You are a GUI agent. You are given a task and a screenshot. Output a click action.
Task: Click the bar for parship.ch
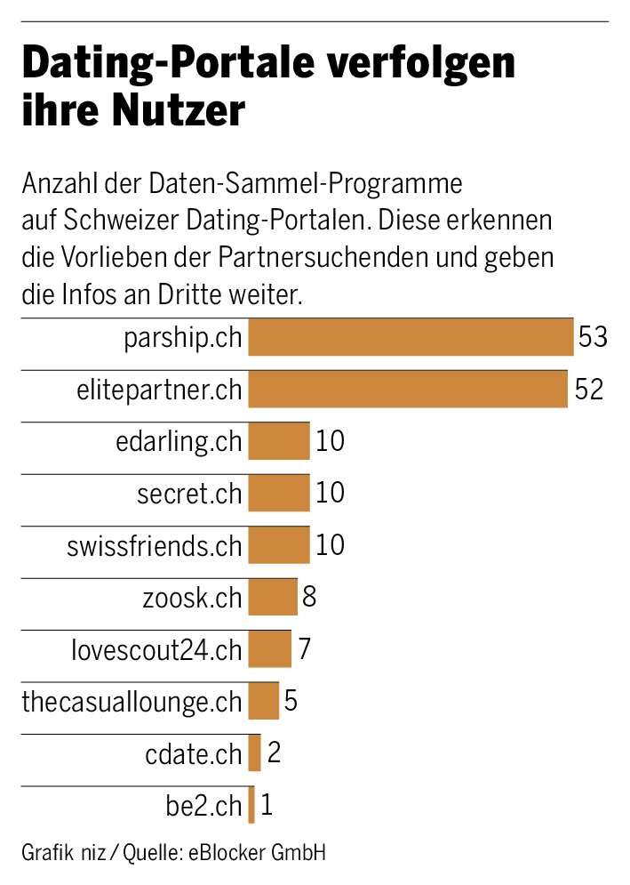click(x=411, y=337)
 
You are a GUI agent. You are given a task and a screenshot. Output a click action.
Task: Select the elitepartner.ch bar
click(x=408, y=389)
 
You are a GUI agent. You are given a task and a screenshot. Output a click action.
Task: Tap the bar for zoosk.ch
click(x=273, y=597)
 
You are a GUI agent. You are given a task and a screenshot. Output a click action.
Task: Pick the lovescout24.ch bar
click(x=269, y=649)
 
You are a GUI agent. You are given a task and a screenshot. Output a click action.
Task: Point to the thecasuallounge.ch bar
click(x=263, y=701)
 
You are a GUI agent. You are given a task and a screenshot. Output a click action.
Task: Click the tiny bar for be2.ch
click(x=251, y=805)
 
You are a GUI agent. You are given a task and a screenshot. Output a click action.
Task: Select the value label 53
click(x=593, y=337)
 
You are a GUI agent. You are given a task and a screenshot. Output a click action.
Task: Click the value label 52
click(x=588, y=390)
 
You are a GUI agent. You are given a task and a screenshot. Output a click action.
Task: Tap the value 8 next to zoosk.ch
click(x=309, y=597)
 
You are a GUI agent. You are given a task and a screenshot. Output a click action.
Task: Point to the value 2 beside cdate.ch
click(x=274, y=753)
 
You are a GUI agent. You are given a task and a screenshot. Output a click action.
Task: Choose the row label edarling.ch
click(x=179, y=442)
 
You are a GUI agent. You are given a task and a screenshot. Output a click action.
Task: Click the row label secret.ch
click(x=189, y=494)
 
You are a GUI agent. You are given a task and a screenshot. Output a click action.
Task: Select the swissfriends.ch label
click(x=155, y=546)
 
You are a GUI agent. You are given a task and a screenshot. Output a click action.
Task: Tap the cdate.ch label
click(x=194, y=754)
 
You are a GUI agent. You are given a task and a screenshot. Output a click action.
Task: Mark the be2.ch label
click(x=203, y=806)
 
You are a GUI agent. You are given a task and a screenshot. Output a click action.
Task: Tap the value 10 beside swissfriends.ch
click(x=330, y=545)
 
